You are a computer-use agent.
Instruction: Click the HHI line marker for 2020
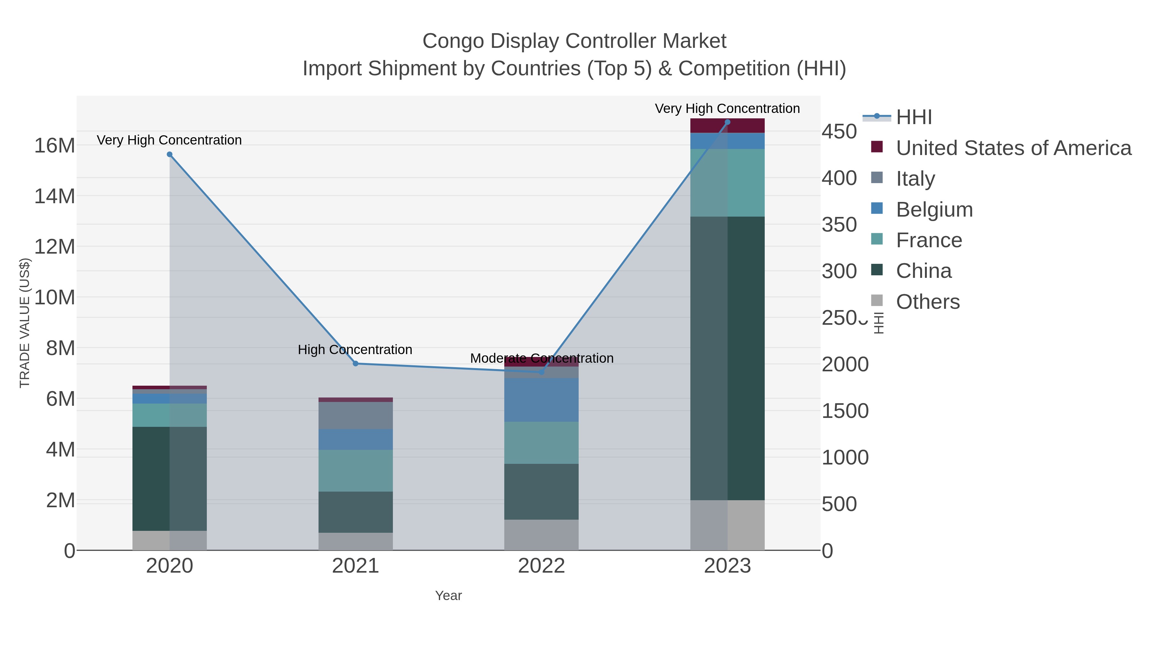(169, 155)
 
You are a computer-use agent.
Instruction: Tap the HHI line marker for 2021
(356, 363)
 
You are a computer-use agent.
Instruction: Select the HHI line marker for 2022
(542, 372)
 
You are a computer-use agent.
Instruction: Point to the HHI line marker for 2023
(727, 122)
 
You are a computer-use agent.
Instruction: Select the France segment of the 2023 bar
(727, 183)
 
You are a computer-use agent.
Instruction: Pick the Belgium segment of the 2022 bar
(542, 400)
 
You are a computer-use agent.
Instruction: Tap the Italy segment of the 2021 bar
(356, 415)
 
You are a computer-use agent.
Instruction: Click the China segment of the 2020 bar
(169, 479)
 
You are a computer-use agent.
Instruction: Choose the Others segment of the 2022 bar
(542, 535)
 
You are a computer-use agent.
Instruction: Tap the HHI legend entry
(913, 117)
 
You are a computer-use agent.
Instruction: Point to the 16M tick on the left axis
(54, 145)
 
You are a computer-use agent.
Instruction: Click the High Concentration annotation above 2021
(355, 350)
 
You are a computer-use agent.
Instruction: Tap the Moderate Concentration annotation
(542, 358)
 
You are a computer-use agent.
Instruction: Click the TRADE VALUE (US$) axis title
(25, 323)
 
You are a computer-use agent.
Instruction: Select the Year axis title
(448, 596)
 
